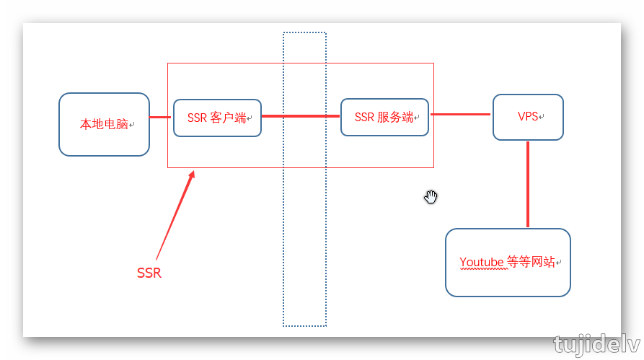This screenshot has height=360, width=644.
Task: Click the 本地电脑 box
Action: [x=104, y=124]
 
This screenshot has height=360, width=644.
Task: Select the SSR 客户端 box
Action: [x=217, y=118]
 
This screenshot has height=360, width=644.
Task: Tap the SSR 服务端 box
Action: [x=384, y=117]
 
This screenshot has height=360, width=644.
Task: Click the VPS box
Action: [x=528, y=117]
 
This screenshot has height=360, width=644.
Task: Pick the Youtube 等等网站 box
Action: [x=508, y=262]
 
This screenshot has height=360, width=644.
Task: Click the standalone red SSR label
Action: [x=149, y=273]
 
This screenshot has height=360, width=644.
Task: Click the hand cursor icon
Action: [x=431, y=197]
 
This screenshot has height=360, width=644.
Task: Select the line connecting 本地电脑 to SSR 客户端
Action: [x=161, y=117]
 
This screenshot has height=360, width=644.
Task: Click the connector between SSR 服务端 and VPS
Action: [x=461, y=114]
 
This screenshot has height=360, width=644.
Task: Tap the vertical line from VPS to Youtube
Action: [x=528, y=184]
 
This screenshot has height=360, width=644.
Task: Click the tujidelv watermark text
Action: [x=597, y=344]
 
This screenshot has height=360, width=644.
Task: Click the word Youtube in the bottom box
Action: [x=482, y=262]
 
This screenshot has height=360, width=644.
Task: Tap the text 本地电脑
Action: [x=104, y=124]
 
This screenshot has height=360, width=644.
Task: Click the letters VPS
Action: [x=528, y=116]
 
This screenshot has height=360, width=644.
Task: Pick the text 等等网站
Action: [x=531, y=262]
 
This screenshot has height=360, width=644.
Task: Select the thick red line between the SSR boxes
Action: [x=301, y=115]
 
